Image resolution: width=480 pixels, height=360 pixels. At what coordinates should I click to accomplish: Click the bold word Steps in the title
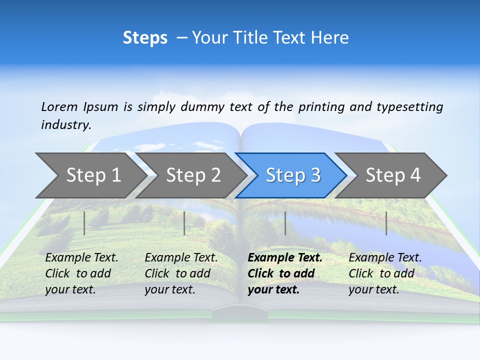click(x=145, y=38)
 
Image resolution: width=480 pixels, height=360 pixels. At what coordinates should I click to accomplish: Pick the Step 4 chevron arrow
click(x=393, y=175)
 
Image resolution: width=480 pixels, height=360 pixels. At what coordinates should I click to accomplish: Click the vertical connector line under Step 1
click(x=84, y=223)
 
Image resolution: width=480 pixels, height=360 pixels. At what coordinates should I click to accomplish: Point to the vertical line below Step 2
click(x=184, y=223)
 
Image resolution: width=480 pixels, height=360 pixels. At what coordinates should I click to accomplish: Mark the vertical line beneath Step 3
click(x=285, y=223)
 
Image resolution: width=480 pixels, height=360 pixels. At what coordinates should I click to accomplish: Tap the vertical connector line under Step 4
click(x=386, y=223)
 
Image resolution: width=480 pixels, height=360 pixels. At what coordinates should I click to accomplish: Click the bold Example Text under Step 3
click(x=285, y=273)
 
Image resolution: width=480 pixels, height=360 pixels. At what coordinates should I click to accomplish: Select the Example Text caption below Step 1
click(x=81, y=273)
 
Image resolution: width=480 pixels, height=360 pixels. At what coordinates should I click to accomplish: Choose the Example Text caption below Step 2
click(x=181, y=273)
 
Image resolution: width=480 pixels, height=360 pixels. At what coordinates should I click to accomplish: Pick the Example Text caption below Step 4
click(x=385, y=273)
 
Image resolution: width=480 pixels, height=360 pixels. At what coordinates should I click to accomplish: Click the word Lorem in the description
click(x=59, y=106)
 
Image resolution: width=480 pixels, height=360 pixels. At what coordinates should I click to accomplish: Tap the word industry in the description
click(x=66, y=125)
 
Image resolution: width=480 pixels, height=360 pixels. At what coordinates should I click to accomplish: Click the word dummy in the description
click(x=203, y=107)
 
